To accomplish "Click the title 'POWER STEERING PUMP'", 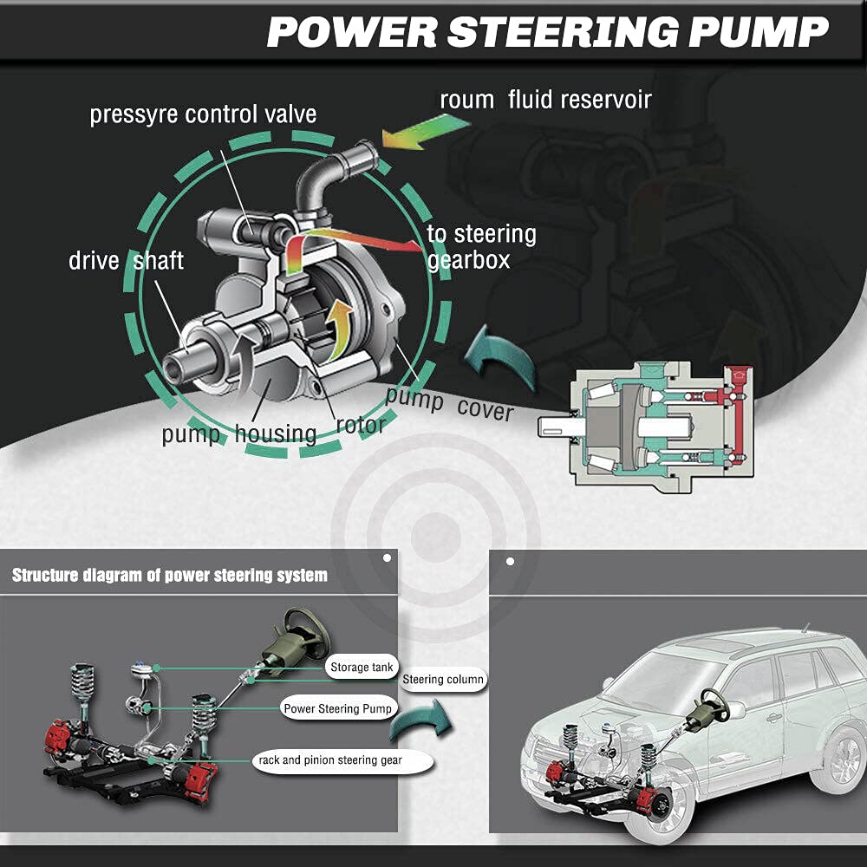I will [547, 32].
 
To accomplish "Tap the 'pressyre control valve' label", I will [203, 114].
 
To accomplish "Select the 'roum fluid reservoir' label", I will [545, 99].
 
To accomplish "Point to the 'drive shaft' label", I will [126, 260].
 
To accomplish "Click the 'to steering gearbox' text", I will [481, 246].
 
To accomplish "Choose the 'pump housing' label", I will [238, 433].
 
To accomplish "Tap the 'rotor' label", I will [361, 425].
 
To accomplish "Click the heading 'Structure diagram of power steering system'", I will [170, 575].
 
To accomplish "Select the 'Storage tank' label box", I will [362, 668].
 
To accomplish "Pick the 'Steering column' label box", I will [443, 679].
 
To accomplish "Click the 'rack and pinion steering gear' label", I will [330, 760].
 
